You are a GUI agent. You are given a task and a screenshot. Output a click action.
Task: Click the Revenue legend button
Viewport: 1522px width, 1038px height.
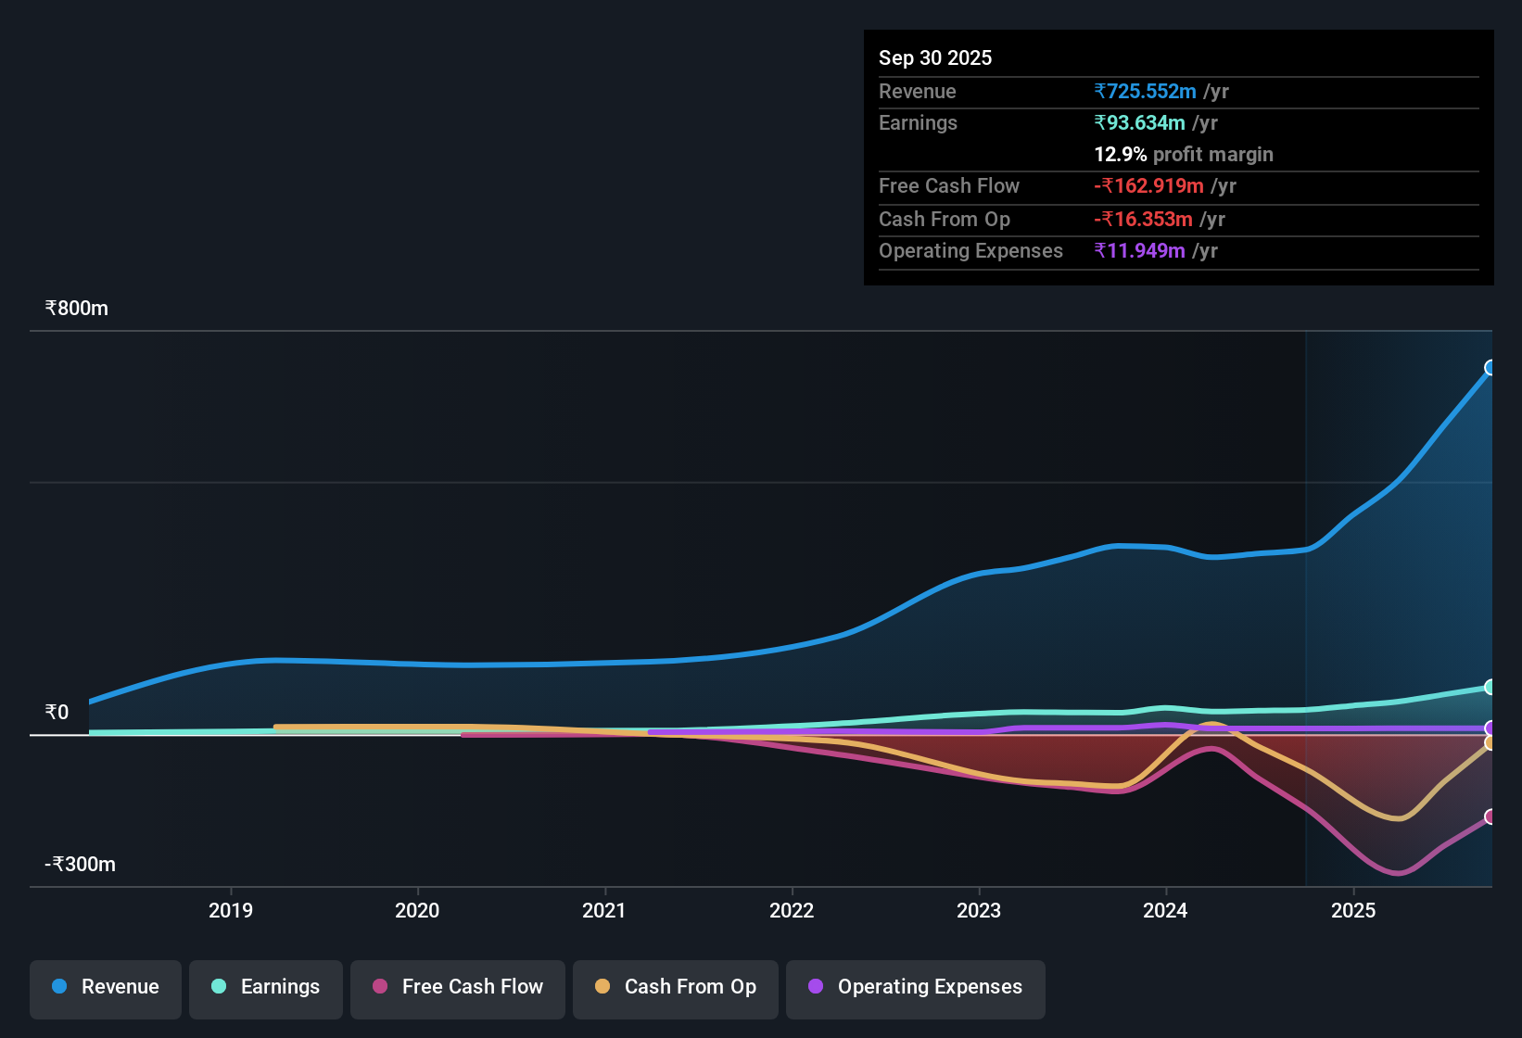pos(106,987)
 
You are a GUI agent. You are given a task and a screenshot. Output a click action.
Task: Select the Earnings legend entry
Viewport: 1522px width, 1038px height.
pos(266,987)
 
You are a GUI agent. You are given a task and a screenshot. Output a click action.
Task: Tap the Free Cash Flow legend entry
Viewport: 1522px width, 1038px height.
pos(458,987)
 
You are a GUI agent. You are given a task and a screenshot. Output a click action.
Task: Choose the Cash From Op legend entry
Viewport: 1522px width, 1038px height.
pos(676,987)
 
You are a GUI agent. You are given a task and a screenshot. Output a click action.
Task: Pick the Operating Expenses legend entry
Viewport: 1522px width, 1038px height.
pos(916,987)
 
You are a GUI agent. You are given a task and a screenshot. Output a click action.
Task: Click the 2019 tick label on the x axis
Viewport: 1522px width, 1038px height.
pos(231,910)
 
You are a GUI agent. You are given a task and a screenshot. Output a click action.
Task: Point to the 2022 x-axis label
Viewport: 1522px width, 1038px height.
pos(792,910)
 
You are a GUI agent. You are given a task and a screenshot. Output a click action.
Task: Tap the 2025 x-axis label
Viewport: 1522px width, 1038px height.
pos(1353,910)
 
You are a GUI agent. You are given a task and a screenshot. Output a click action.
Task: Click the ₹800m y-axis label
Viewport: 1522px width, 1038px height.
pos(77,309)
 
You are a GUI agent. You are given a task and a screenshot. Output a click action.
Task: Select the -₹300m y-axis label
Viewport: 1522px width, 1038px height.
pos(81,865)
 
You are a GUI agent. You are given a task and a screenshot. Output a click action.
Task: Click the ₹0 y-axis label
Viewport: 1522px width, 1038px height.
pos(57,713)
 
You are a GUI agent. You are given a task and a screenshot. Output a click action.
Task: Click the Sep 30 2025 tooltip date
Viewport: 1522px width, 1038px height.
pos(935,57)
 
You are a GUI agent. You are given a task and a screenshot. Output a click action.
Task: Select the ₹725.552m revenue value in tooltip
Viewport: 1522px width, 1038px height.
pos(1146,91)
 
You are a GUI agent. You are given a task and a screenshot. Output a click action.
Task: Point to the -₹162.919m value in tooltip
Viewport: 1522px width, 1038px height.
pos(1150,186)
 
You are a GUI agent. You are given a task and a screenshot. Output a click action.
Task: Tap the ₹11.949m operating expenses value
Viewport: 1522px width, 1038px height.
pos(1140,251)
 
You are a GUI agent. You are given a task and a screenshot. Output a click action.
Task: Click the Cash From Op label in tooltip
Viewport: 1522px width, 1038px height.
pos(945,220)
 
